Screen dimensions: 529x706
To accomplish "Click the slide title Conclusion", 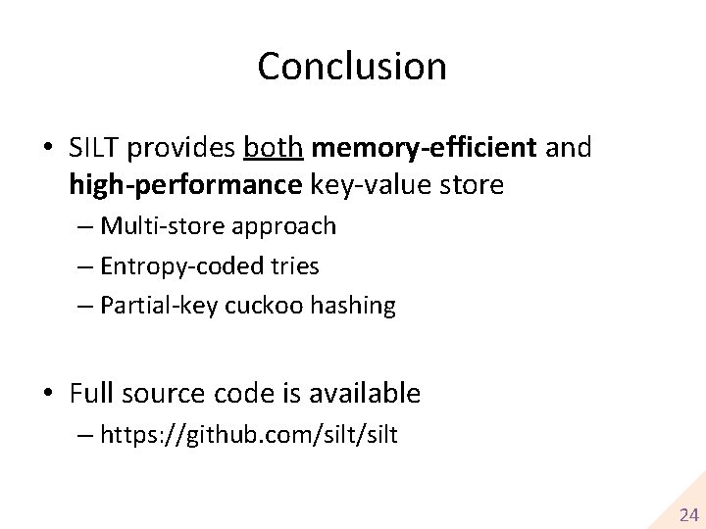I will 352,67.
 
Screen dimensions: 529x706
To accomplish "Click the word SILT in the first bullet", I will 94,148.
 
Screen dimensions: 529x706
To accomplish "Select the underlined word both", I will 274,148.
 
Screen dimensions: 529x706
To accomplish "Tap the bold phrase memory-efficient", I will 424,148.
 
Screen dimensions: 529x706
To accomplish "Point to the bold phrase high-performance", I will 185,184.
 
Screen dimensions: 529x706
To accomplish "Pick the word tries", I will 295,266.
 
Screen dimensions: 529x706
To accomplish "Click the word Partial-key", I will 160,307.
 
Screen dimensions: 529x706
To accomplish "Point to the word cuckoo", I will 264,307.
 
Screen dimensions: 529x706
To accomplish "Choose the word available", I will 364,394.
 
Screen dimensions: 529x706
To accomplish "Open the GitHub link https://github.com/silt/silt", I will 249,435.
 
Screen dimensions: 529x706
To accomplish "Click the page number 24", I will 689,514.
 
